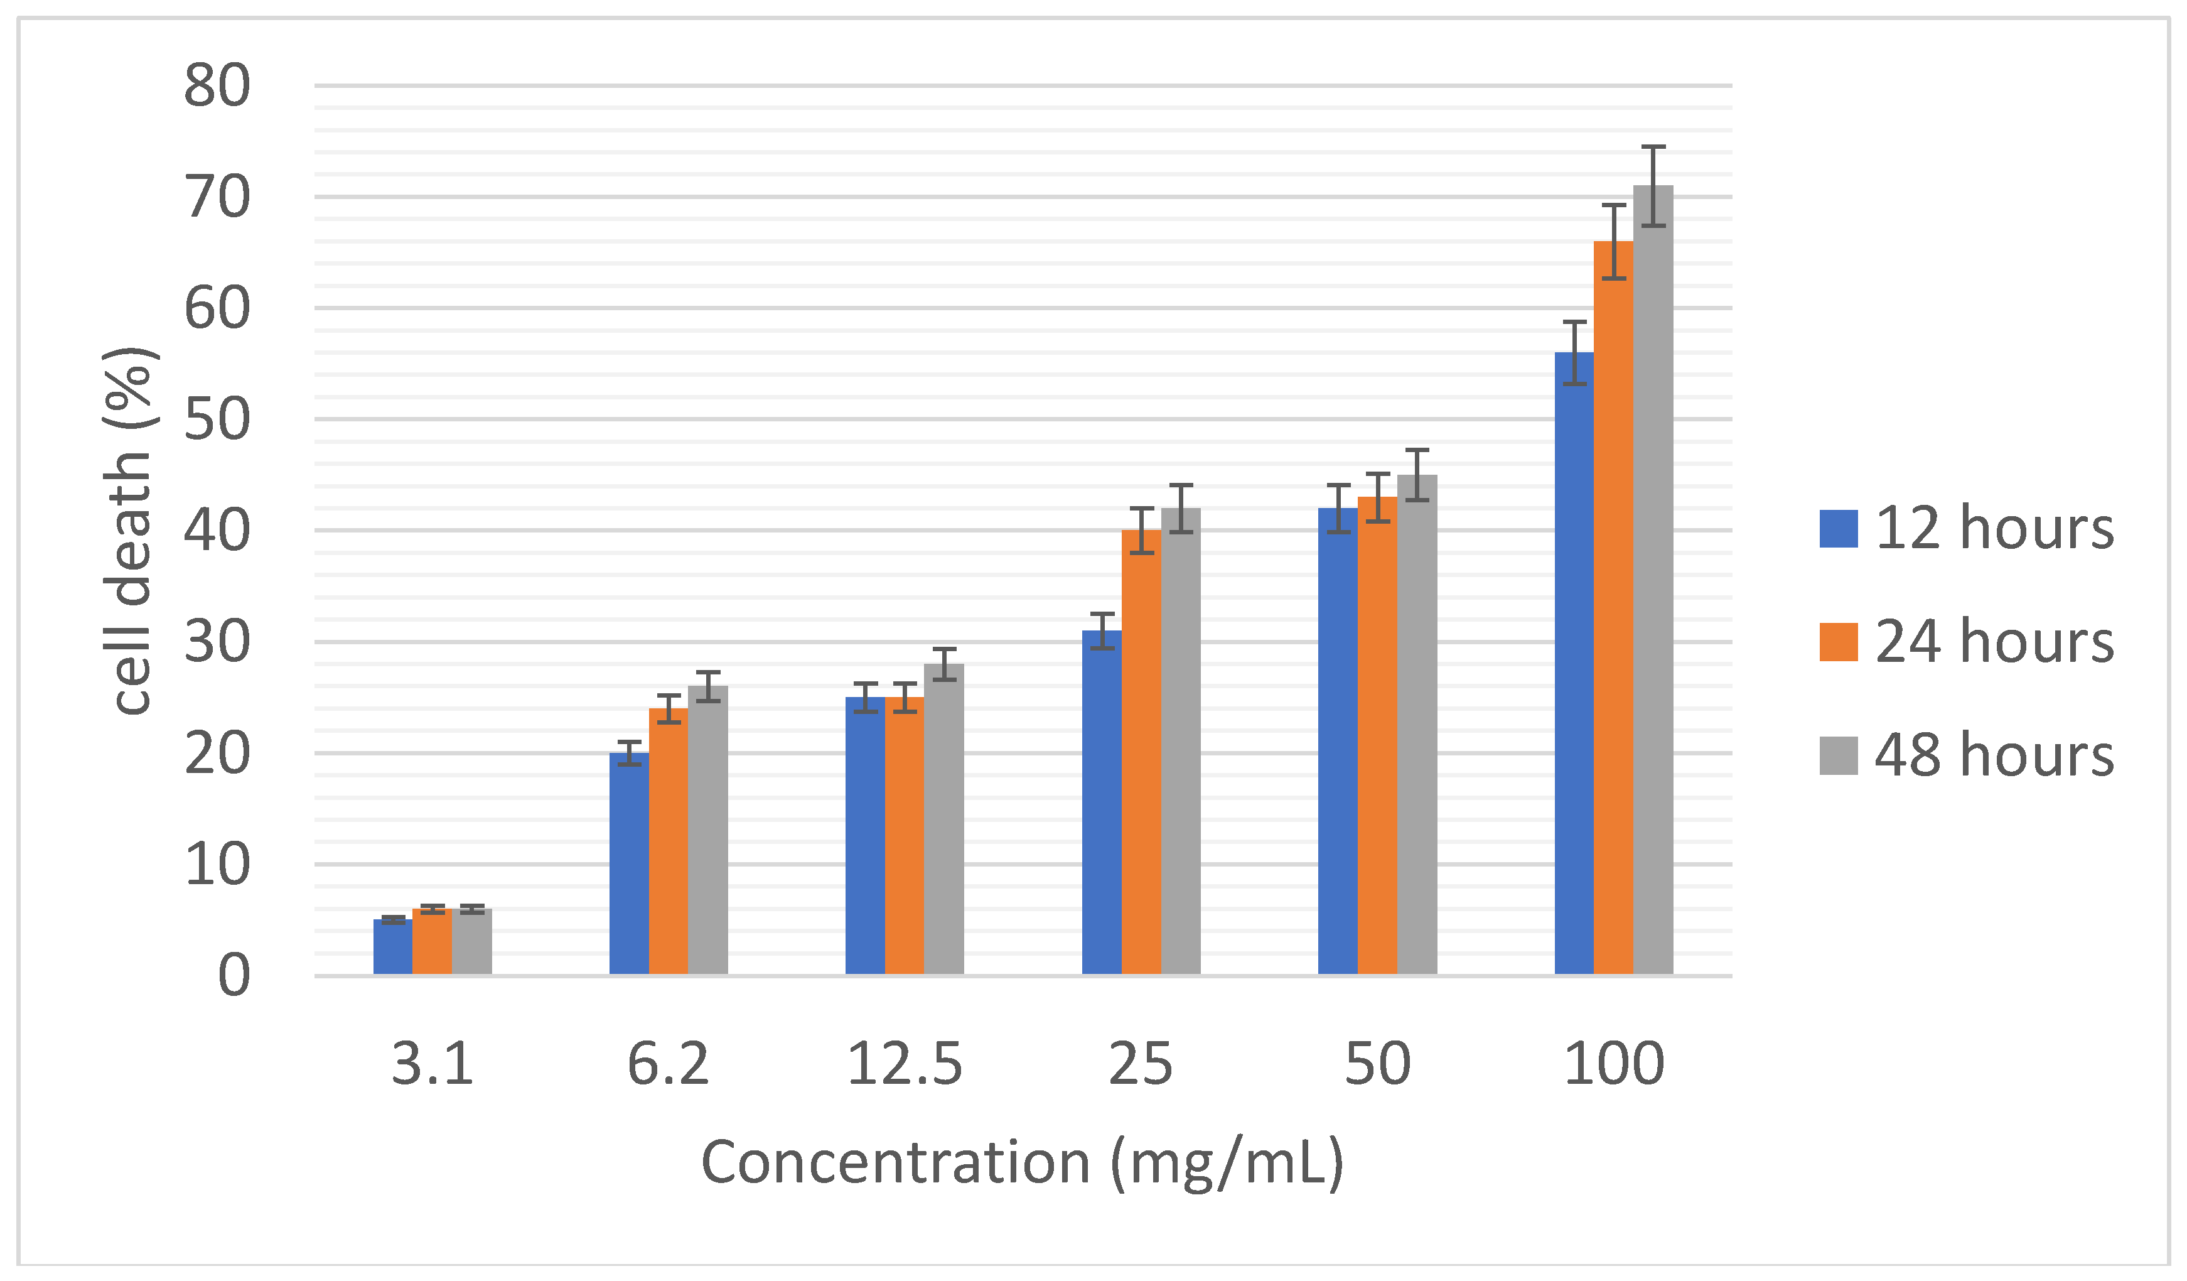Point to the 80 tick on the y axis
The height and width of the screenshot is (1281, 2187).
[217, 86]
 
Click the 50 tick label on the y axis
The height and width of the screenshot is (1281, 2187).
[217, 420]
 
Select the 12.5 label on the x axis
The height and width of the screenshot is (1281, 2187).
[905, 1063]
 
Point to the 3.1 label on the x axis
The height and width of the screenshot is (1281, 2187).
[433, 1063]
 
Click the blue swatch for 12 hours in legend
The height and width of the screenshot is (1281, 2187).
[1838, 529]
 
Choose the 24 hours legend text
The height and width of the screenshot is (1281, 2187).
[1994, 642]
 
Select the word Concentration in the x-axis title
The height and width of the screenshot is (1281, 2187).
[895, 1162]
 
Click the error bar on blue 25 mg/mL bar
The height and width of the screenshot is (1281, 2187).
[1101, 631]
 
